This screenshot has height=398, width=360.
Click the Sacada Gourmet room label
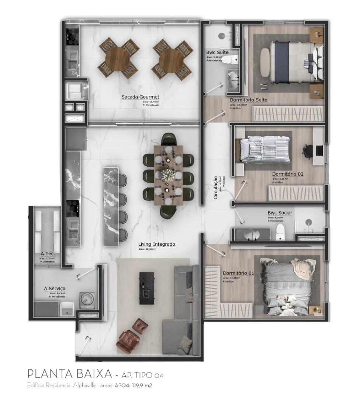141,97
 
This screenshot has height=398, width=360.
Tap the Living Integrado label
157,244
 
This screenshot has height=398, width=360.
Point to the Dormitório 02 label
288,174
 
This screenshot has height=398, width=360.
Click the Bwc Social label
279,213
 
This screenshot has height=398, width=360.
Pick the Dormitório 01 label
238,273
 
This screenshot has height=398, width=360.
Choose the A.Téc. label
48,254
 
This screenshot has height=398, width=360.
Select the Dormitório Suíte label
248,100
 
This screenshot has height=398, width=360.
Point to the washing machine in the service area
87,298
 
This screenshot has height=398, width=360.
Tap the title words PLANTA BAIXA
70,374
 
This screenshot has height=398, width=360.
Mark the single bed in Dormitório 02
265,149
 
